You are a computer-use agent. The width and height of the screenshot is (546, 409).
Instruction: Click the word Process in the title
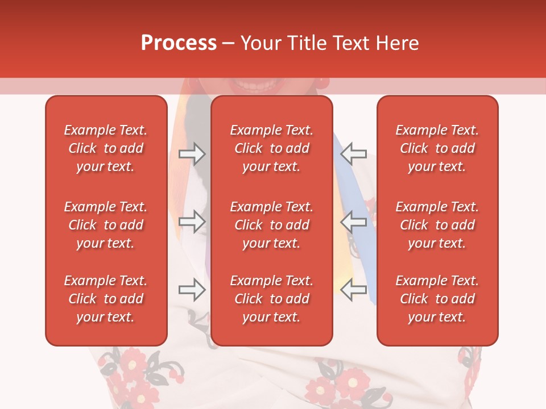(x=179, y=43)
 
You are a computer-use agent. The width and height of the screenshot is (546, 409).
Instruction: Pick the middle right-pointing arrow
(x=192, y=222)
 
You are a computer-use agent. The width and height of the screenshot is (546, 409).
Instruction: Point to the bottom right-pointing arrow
(x=192, y=290)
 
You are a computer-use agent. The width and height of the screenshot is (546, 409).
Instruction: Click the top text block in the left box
(x=106, y=148)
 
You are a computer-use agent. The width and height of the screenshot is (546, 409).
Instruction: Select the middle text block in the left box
(x=106, y=225)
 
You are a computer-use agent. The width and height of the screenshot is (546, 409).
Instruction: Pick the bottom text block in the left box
(x=106, y=299)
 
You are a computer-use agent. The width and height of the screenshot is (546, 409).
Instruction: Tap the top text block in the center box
(x=272, y=148)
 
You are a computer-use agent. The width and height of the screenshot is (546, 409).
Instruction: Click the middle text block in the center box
(x=272, y=225)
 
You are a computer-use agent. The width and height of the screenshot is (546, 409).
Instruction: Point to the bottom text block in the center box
(x=272, y=299)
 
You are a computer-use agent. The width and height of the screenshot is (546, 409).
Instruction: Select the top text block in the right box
(x=437, y=148)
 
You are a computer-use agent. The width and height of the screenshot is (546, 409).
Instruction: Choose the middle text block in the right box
(x=437, y=225)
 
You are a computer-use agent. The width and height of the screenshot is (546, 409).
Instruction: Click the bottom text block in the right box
(x=437, y=299)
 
